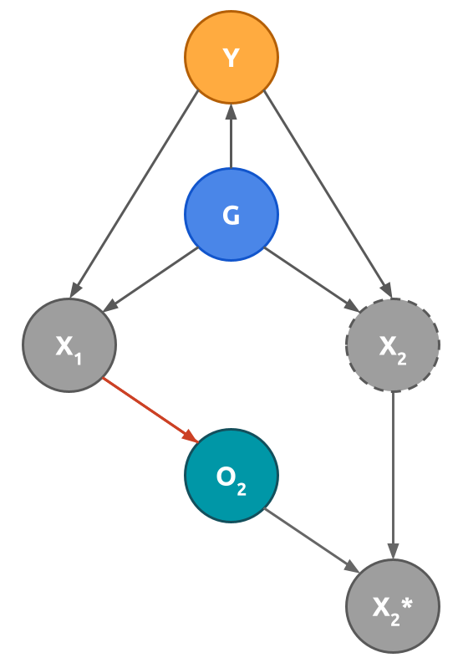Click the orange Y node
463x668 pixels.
[231, 57]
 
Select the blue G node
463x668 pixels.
[231, 215]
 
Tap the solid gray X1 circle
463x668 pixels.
[69, 345]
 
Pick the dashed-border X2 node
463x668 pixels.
[393, 345]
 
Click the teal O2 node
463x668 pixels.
[231, 476]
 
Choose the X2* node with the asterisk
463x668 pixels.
[393, 606]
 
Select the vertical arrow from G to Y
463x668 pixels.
[231, 138]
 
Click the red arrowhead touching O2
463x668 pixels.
[191, 437]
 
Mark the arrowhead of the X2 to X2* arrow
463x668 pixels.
[393, 552]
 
